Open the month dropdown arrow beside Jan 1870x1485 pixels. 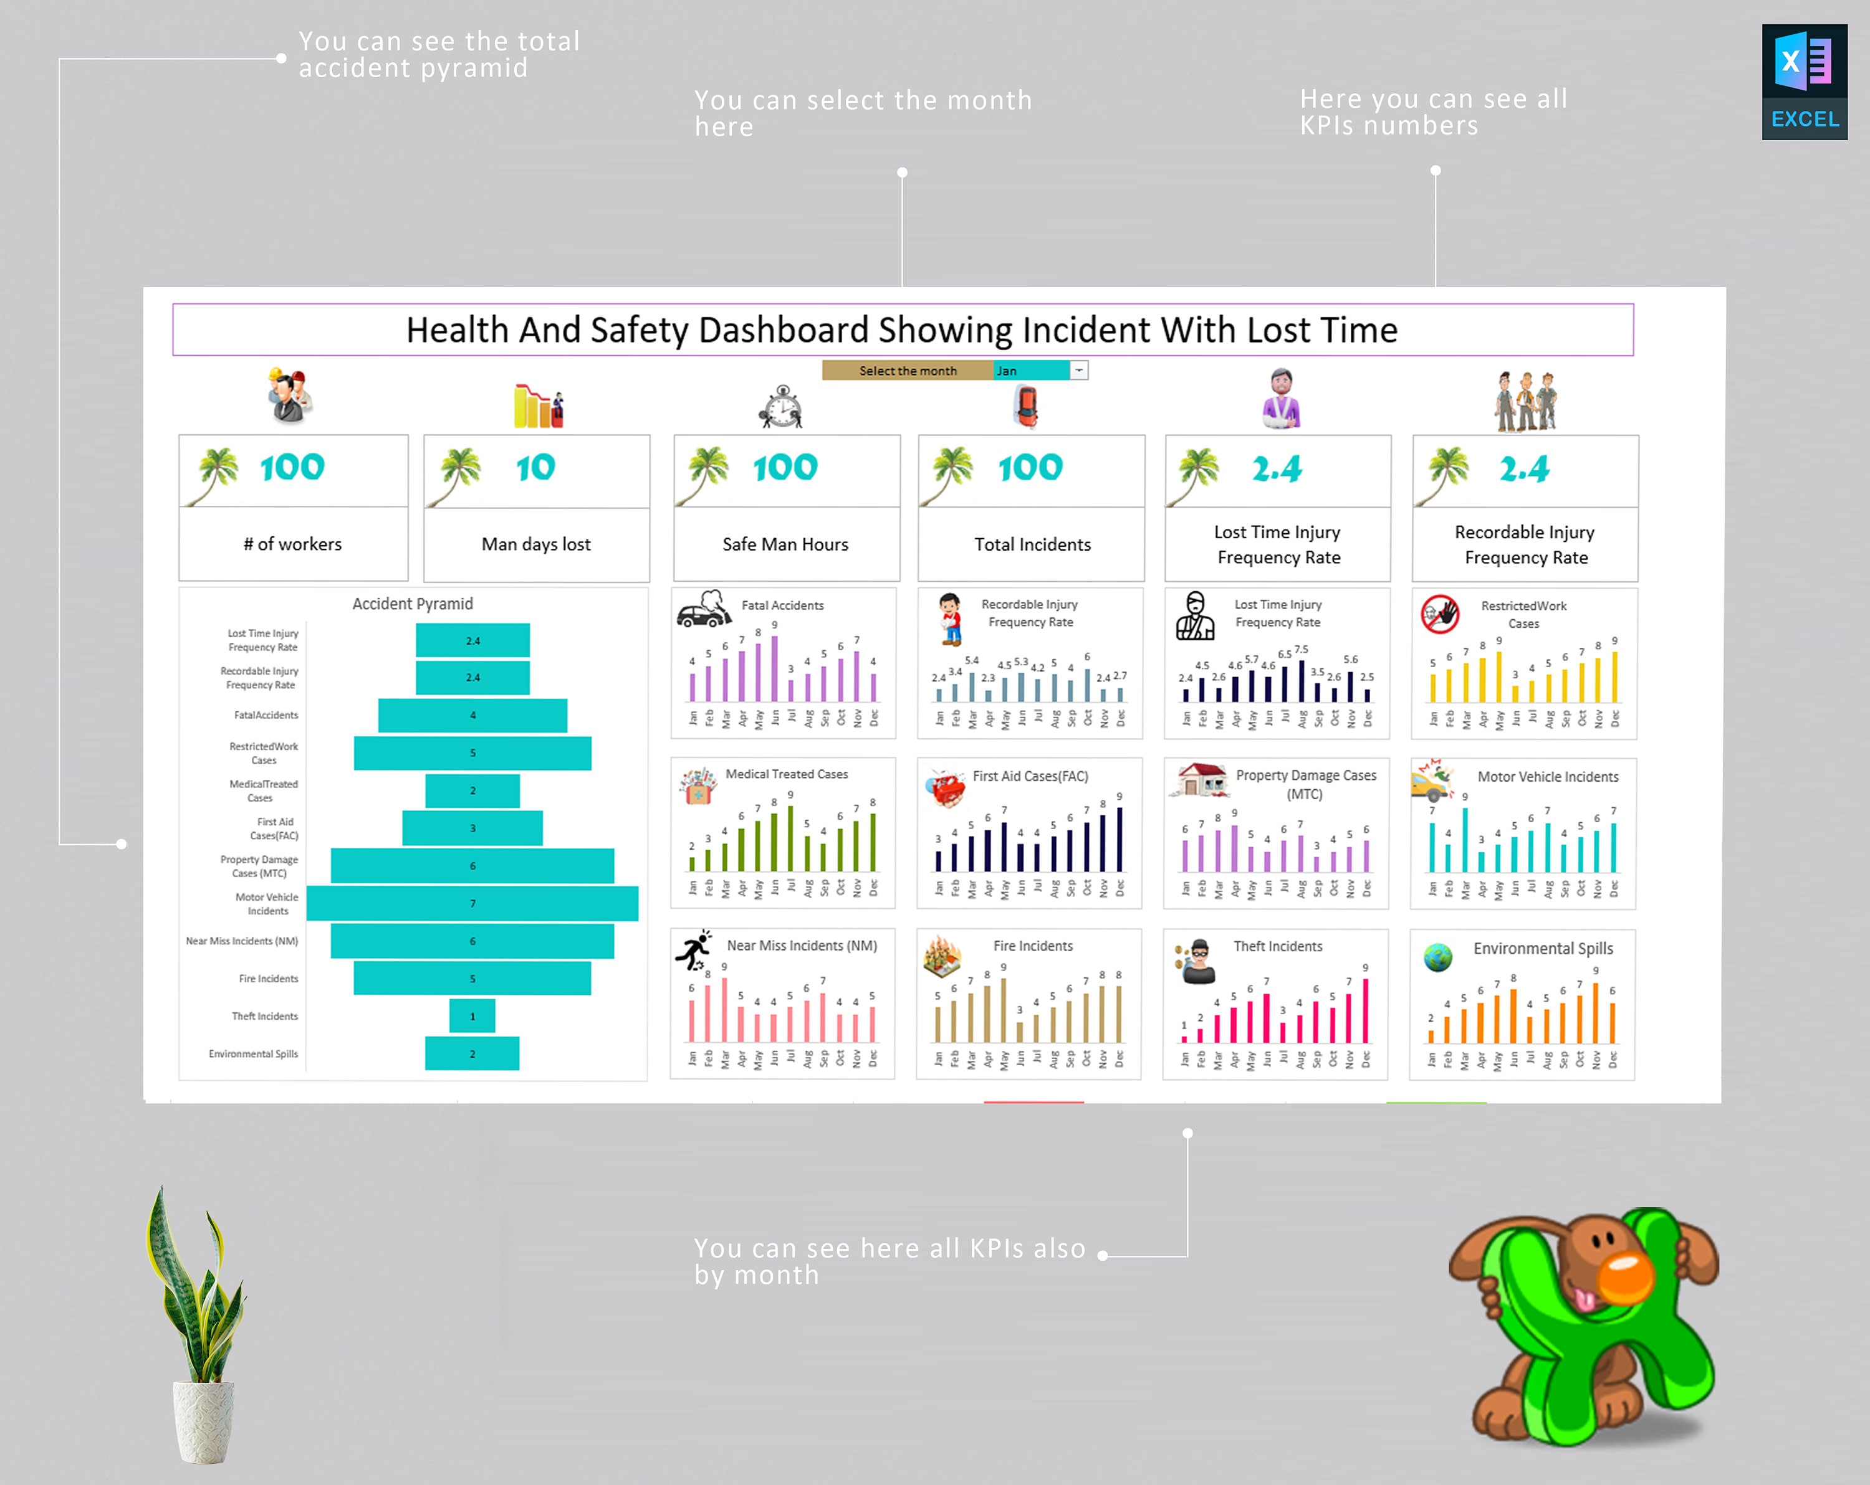point(1079,370)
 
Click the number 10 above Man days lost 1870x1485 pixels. point(535,468)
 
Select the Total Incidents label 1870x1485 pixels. point(1032,544)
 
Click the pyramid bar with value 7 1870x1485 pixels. point(472,903)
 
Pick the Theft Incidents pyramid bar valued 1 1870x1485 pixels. point(472,1016)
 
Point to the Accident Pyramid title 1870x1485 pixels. point(412,604)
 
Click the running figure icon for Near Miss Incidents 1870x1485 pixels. point(694,950)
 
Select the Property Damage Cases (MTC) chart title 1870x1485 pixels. point(1305,784)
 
